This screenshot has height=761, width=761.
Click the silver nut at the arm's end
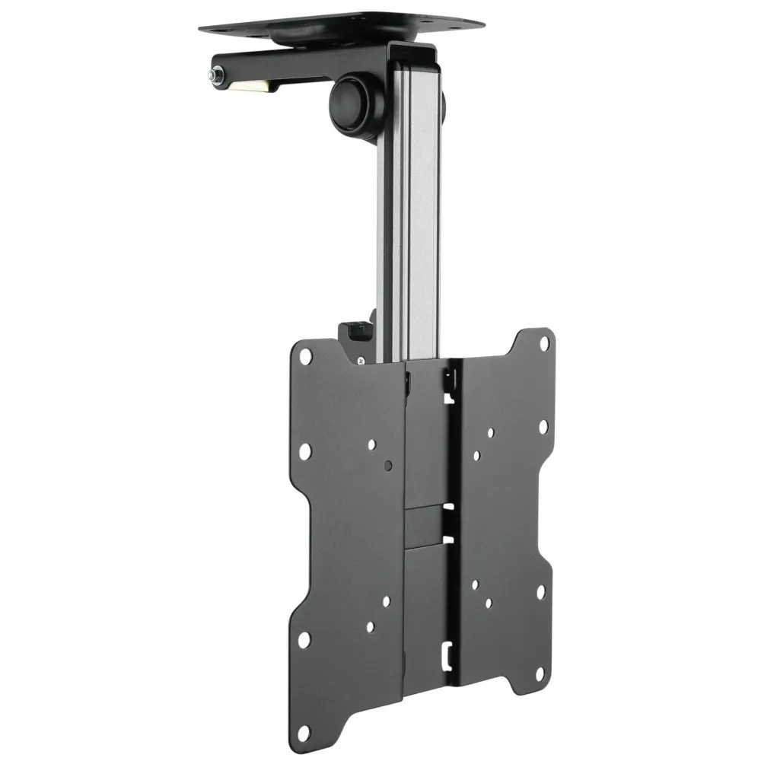[213, 77]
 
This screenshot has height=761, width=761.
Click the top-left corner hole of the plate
[305, 355]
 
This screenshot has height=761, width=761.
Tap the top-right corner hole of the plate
[543, 343]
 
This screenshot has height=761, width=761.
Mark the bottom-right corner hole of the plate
[540, 672]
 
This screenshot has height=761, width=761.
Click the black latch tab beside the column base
[352, 333]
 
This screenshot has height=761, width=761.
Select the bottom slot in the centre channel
[449, 652]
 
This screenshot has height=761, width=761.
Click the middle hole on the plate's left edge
[304, 451]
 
